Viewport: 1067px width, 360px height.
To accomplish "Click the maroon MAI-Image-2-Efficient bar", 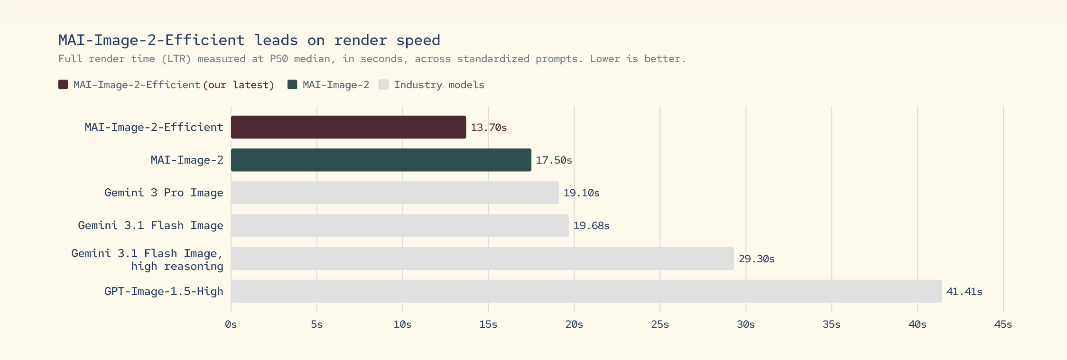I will [x=348, y=127].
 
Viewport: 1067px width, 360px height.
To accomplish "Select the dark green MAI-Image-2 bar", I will [x=381, y=160].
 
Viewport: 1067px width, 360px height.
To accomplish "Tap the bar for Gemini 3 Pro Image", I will [x=395, y=193].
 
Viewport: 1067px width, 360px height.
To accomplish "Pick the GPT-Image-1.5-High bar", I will [x=586, y=291].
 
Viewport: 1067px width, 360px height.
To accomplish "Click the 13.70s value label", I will [x=489, y=128].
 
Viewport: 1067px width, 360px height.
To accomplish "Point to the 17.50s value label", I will [x=554, y=160].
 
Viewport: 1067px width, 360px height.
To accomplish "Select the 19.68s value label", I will [x=591, y=226].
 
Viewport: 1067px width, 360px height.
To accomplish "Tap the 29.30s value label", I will [x=756, y=259].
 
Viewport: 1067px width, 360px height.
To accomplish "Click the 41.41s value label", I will [x=964, y=292].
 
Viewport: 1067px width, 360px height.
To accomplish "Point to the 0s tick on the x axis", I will [x=231, y=324].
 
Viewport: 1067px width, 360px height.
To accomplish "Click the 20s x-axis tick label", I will [x=574, y=324].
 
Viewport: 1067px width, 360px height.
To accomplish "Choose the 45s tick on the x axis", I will [x=1003, y=324].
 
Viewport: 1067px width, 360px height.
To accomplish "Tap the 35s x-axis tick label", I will [x=831, y=324].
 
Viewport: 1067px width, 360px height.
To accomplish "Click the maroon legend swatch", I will [x=63, y=84].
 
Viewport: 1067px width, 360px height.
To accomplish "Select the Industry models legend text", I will [x=439, y=85].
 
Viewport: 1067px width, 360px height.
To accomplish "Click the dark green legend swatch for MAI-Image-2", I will [x=292, y=84].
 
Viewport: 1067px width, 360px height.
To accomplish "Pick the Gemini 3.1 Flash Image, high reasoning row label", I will [x=148, y=259].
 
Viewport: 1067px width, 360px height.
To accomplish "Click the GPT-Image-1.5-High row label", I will [x=164, y=291].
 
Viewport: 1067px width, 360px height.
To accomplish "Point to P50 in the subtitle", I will [x=278, y=59].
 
